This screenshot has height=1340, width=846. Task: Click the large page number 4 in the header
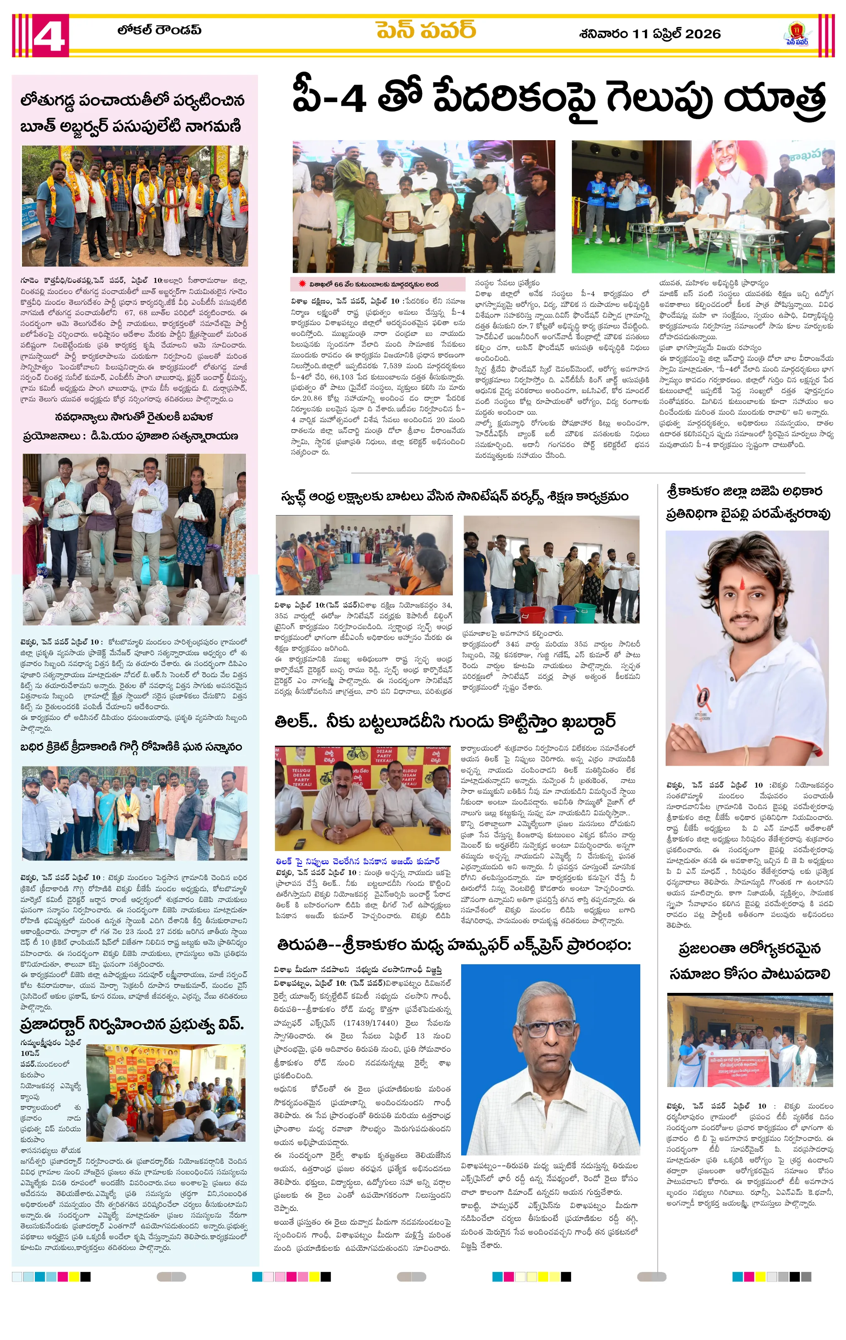coord(49,36)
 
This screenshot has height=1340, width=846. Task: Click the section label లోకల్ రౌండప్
coord(158,30)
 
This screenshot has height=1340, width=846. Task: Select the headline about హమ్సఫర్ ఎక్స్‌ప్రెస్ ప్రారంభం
coord(454,945)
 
